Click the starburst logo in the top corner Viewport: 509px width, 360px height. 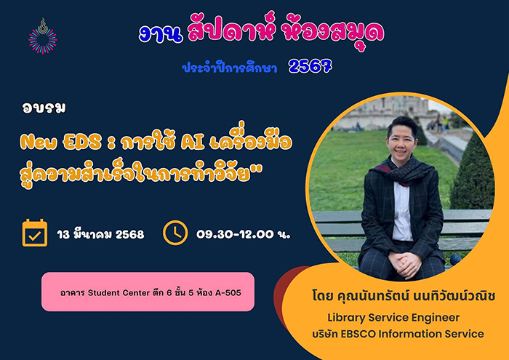pos(43,36)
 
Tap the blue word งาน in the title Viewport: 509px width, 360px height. pos(161,33)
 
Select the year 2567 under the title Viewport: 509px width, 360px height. pos(310,66)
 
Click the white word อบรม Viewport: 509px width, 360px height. pos(44,108)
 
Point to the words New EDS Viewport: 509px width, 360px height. pos(60,143)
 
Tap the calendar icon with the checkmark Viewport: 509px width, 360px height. pos(35,233)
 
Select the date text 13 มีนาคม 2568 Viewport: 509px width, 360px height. pos(100,234)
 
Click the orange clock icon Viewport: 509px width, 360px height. pos(175,233)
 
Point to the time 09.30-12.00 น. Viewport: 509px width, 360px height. pos(244,234)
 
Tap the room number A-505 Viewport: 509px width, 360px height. pos(228,293)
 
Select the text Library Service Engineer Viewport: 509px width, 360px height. pos(393,318)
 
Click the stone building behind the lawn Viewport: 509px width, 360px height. pos(380,111)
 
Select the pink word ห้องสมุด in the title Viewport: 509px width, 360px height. pos(332,33)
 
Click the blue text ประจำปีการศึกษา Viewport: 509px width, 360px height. pos(230,68)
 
